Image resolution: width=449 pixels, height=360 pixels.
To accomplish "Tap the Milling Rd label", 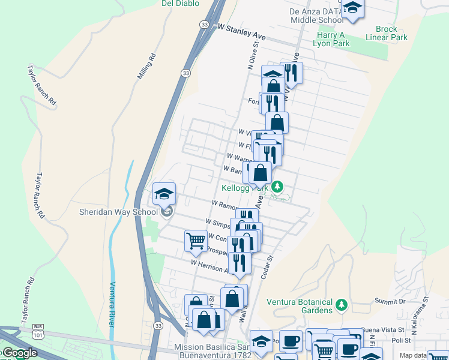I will coord(146,67).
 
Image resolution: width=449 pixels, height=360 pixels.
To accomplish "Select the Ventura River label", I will coord(112,304).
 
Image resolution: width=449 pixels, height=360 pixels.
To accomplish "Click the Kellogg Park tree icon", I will coord(277,187).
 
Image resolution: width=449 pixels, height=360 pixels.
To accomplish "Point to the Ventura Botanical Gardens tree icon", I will coord(342,305).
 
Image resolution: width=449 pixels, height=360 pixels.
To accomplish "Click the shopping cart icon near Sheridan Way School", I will coord(196,241).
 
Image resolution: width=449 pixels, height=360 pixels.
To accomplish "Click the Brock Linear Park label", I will coord(391,33).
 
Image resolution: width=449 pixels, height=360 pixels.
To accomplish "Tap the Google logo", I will coord(19,353).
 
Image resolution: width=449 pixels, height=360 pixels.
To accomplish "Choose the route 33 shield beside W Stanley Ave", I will coord(205,25).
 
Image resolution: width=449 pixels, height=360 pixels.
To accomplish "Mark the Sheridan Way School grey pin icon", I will coord(167,211).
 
